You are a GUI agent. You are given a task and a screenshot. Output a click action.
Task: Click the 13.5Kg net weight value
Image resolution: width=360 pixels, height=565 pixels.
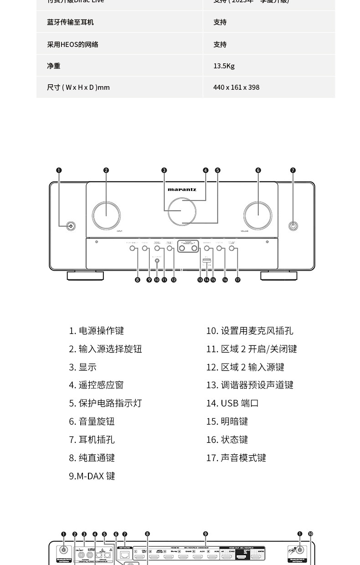[224, 66]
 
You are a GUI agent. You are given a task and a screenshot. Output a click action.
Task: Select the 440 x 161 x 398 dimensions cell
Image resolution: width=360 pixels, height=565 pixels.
[236, 87]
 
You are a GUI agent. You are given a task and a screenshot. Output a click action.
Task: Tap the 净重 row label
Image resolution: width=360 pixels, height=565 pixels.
[53, 66]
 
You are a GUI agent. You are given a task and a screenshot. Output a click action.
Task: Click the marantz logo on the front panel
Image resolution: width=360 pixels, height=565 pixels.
[182, 189]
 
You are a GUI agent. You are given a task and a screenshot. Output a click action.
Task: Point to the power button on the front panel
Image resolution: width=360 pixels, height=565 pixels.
[70, 226]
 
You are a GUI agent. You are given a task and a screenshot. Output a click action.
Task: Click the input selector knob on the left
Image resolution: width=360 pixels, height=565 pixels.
[106, 213]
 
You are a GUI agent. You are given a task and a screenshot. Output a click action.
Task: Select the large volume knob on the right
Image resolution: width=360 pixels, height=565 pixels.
[257, 213]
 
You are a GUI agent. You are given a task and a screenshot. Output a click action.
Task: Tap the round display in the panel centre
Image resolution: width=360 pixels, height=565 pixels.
[182, 211]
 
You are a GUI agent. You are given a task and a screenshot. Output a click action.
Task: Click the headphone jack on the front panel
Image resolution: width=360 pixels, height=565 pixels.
[293, 226]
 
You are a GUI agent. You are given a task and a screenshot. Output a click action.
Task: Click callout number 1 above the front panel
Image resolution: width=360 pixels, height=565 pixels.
[59, 170]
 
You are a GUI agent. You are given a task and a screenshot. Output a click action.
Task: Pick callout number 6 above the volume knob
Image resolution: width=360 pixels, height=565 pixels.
[258, 170]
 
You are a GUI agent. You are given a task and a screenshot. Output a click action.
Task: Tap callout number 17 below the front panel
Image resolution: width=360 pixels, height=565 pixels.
[237, 280]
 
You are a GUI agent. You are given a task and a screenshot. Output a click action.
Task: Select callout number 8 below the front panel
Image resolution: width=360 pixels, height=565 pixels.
[138, 280]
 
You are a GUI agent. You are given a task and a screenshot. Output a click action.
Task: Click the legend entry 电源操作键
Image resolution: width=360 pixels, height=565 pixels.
[96, 330]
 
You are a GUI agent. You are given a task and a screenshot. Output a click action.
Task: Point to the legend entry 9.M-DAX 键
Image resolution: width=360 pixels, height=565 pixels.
[92, 476]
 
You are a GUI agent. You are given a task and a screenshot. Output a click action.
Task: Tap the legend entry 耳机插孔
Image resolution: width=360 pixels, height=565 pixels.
[92, 439]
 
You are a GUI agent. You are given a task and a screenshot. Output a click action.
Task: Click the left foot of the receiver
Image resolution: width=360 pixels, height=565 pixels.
[85, 276]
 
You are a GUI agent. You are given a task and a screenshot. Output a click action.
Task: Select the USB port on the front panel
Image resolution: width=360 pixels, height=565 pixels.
[206, 261]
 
